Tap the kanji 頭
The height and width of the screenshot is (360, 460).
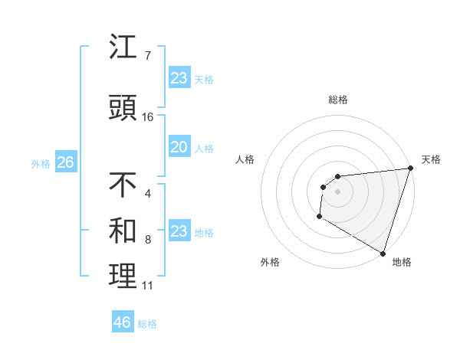click(123, 108)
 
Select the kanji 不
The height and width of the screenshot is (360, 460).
click(123, 185)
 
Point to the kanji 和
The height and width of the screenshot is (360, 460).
click(123, 231)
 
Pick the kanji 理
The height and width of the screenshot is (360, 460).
click(123, 277)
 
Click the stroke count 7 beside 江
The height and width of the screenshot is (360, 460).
click(148, 56)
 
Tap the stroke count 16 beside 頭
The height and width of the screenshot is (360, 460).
click(148, 117)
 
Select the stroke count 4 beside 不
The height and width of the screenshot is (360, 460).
click(148, 194)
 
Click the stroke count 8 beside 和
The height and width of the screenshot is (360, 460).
click(148, 240)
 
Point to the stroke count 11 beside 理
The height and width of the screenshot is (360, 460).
click(148, 286)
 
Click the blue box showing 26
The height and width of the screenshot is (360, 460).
click(65, 162)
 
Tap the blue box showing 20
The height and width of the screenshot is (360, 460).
click(179, 147)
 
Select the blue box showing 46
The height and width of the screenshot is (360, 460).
click(123, 322)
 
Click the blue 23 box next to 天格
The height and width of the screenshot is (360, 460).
click(179, 78)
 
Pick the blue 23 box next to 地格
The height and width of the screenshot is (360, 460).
click(179, 231)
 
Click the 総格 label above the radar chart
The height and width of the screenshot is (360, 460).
click(337, 100)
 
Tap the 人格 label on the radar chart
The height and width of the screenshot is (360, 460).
click(245, 159)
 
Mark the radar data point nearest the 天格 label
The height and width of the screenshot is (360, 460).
click(410, 169)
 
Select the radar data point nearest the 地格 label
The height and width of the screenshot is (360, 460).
click(383, 254)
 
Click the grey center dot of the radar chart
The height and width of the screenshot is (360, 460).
click(337, 191)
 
